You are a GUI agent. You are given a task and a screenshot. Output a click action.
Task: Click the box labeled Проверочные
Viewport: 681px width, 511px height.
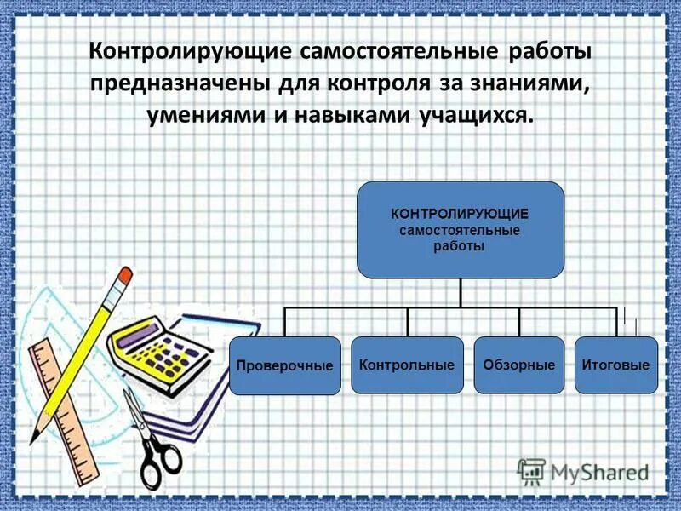(x=284, y=365)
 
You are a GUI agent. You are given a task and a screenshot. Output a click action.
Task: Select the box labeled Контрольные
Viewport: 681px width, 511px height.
(x=407, y=365)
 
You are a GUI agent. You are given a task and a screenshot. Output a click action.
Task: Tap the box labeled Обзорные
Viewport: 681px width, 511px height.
(x=518, y=365)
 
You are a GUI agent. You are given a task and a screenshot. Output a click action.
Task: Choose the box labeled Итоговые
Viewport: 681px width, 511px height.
(x=615, y=365)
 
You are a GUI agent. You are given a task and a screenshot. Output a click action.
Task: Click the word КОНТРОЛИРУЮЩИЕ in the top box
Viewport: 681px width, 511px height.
(x=460, y=215)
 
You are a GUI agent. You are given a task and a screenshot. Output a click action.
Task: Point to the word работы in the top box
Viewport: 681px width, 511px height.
(x=460, y=246)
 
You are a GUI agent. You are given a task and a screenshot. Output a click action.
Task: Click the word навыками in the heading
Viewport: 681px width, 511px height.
(x=351, y=115)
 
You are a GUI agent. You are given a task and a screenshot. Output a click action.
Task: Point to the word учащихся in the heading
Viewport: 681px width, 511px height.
(x=477, y=115)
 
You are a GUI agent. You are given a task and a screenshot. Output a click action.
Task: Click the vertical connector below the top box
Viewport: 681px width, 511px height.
(x=460, y=292)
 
